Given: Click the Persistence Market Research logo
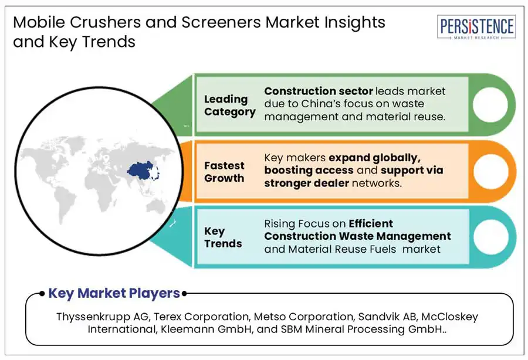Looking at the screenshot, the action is [x=476, y=27].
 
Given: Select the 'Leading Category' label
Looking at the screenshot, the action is [x=229, y=106].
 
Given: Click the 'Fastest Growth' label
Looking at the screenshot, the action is [x=224, y=172].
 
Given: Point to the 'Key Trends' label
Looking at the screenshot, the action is [x=223, y=237].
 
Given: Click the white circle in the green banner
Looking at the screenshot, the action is [x=490, y=104].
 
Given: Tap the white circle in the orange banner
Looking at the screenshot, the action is [x=490, y=171].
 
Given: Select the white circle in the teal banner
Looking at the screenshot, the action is [x=490, y=237].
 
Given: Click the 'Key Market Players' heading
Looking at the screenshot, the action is [x=114, y=293].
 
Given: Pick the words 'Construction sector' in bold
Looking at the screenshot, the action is [x=319, y=91].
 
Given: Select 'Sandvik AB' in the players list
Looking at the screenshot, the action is [x=388, y=317].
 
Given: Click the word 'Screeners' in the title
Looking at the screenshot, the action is [x=221, y=22].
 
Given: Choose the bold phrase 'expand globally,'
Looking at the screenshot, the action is [x=374, y=158].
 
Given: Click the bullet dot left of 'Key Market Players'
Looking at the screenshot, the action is [x=42, y=294].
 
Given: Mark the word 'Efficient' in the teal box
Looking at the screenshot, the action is [x=371, y=223].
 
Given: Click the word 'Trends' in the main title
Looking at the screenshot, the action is [x=109, y=42].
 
